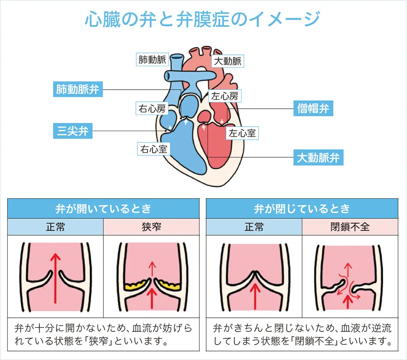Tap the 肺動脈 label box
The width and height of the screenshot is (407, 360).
pos(152,60)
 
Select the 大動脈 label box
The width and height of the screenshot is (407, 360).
pos(227,61)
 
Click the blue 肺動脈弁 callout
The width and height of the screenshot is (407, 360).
pos(77,90)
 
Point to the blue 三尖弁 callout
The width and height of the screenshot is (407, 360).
pos(72,131)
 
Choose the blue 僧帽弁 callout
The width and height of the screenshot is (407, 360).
pos(313,108)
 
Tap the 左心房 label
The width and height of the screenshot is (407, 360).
pos(224,96)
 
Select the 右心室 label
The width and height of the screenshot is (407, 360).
pos(154,149)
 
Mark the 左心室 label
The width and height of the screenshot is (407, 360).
pos(242,133)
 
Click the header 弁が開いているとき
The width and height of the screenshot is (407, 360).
pos(103,209)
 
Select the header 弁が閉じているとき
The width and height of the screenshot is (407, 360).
pos(302,209)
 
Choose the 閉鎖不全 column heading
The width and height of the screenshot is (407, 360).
pos(350,227)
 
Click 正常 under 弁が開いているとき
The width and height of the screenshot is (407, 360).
pos(55,227)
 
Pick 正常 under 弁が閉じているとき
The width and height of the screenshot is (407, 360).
pos(254,227)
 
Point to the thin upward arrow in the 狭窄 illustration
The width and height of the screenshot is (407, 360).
pos(151,269)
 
